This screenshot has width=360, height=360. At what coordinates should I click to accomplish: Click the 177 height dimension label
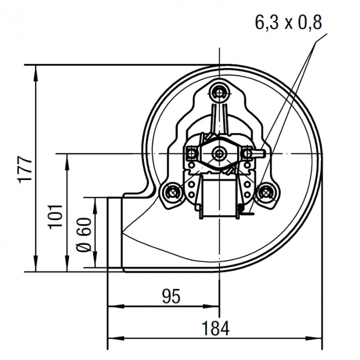pos(25,168)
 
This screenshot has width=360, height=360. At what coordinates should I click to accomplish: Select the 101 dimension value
pos(57,215)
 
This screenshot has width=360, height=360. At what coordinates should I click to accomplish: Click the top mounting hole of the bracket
pos(221,93)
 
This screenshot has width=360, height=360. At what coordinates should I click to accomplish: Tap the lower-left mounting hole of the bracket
pos(172,193)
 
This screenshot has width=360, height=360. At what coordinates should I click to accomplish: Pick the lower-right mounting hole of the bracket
pos(266,193)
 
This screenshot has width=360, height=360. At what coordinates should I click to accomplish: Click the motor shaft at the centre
pos(221,153)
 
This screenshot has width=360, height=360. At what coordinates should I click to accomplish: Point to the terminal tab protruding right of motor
pos(259,153)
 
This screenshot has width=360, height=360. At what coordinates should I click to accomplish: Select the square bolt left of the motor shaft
pos(191,153)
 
